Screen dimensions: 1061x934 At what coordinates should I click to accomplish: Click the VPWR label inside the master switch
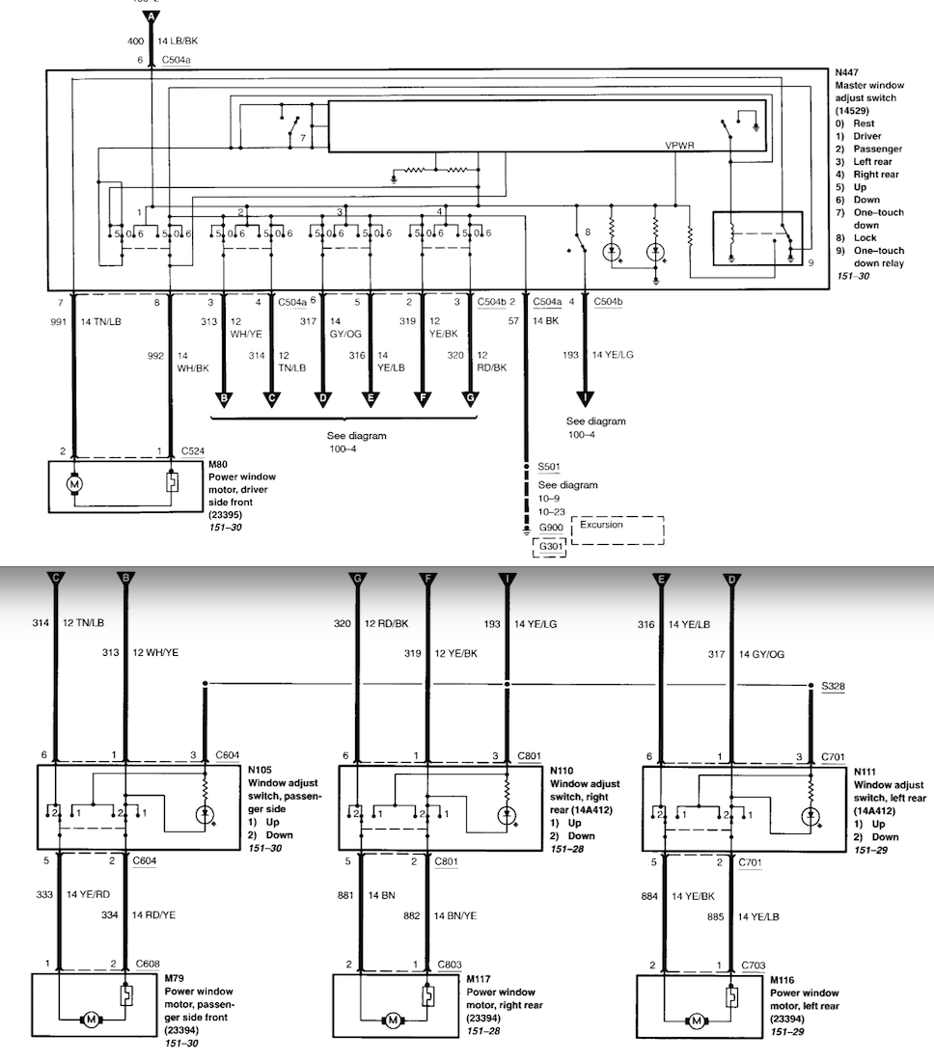pos(679,145)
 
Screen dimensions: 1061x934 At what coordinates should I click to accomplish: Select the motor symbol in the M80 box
pos(74,480)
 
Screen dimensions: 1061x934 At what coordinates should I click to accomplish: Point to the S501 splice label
pos(550,468)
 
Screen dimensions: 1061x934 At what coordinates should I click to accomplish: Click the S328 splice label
pos(833,686)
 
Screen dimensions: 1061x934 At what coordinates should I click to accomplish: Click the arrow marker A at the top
pos(151,18)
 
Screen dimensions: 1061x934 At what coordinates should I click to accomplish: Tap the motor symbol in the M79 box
pos(92,1019)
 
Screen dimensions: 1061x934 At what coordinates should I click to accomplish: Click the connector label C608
pos(148,964)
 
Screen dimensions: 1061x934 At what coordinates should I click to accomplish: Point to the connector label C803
pos(450,964)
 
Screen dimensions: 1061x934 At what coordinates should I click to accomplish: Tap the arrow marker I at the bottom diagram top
pos(508,579)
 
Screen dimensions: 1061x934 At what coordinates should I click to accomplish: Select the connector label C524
pos(194,451)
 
